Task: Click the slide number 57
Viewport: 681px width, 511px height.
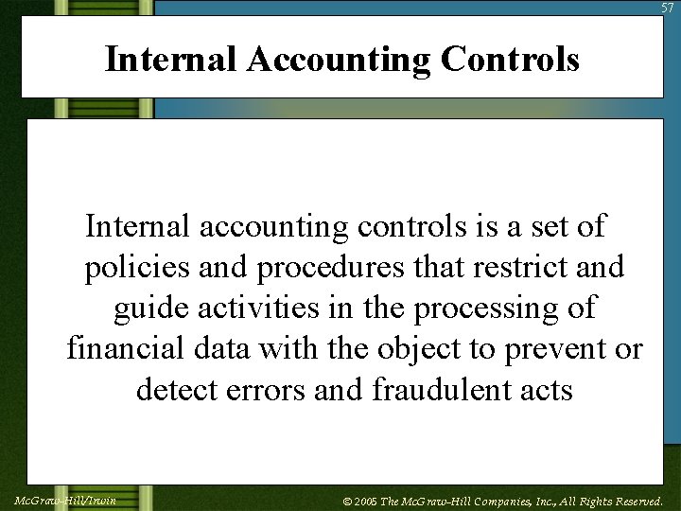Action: [669, 8]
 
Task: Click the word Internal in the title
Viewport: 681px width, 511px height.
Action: [170, 60]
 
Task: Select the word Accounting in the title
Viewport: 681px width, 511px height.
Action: [339, 60]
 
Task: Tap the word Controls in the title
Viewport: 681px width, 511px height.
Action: [511, 60]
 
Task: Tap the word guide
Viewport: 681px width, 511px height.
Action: [154, 309]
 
